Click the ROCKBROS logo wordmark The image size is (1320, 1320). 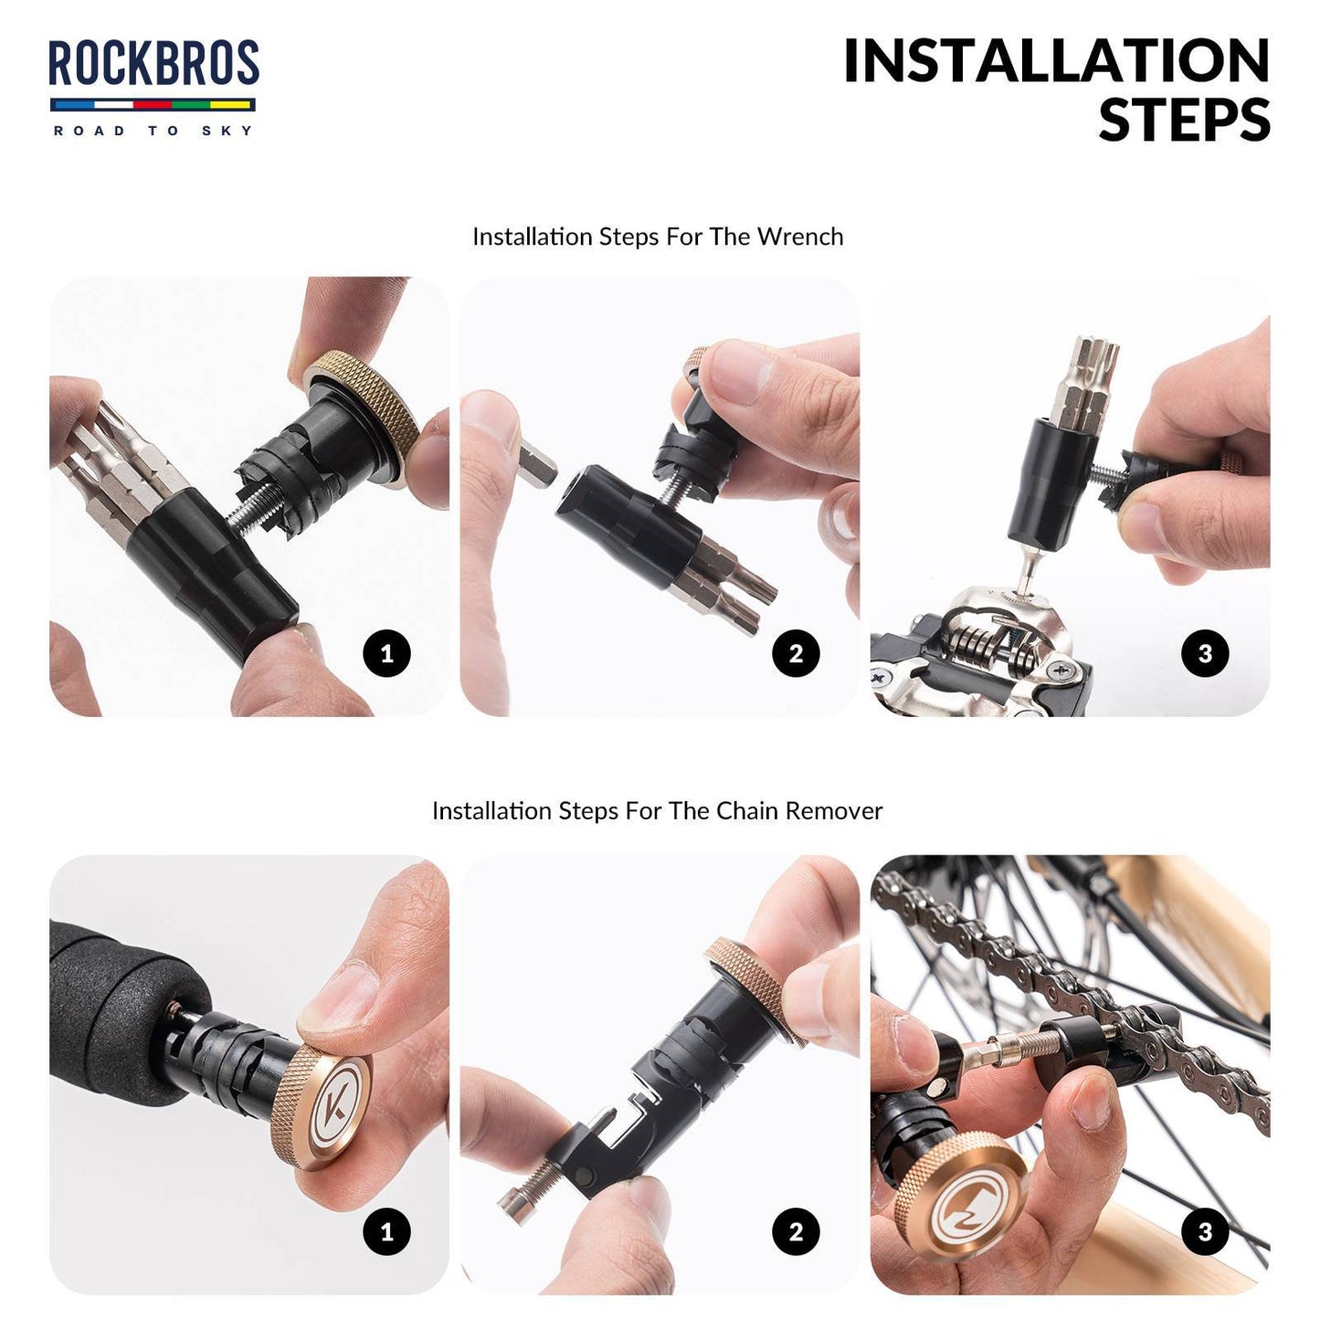tap(153, 64)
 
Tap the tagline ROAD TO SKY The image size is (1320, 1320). tap(153, 131)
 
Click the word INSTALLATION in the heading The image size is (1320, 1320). tap(1056, 61)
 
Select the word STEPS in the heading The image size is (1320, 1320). tap(1184, 121)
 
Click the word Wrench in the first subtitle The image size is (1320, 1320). tap(800, 237)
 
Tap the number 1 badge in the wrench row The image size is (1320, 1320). tap(386, 654)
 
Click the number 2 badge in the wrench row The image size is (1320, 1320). tap(796, 654)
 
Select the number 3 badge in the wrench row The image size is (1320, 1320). tap(1205, 654)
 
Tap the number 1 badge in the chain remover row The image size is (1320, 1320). tap(386, 1231)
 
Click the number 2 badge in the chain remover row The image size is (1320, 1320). tap(796, 1231)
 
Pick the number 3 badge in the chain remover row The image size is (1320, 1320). tap(1205, 1231)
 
